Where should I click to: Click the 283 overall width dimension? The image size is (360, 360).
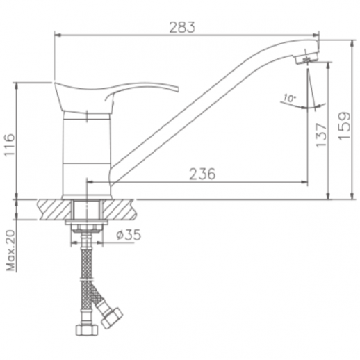pos(182,27)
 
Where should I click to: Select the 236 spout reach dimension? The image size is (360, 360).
pos(202,174)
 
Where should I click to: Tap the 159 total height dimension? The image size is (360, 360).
pos(344,126)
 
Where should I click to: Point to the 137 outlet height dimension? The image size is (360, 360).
pos(321,136)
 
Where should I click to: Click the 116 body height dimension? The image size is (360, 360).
pos(10,145)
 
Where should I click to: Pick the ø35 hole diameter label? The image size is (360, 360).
pos(129,235)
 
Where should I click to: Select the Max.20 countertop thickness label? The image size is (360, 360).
pos(10,250)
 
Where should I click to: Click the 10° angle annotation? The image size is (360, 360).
pos(290,98)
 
